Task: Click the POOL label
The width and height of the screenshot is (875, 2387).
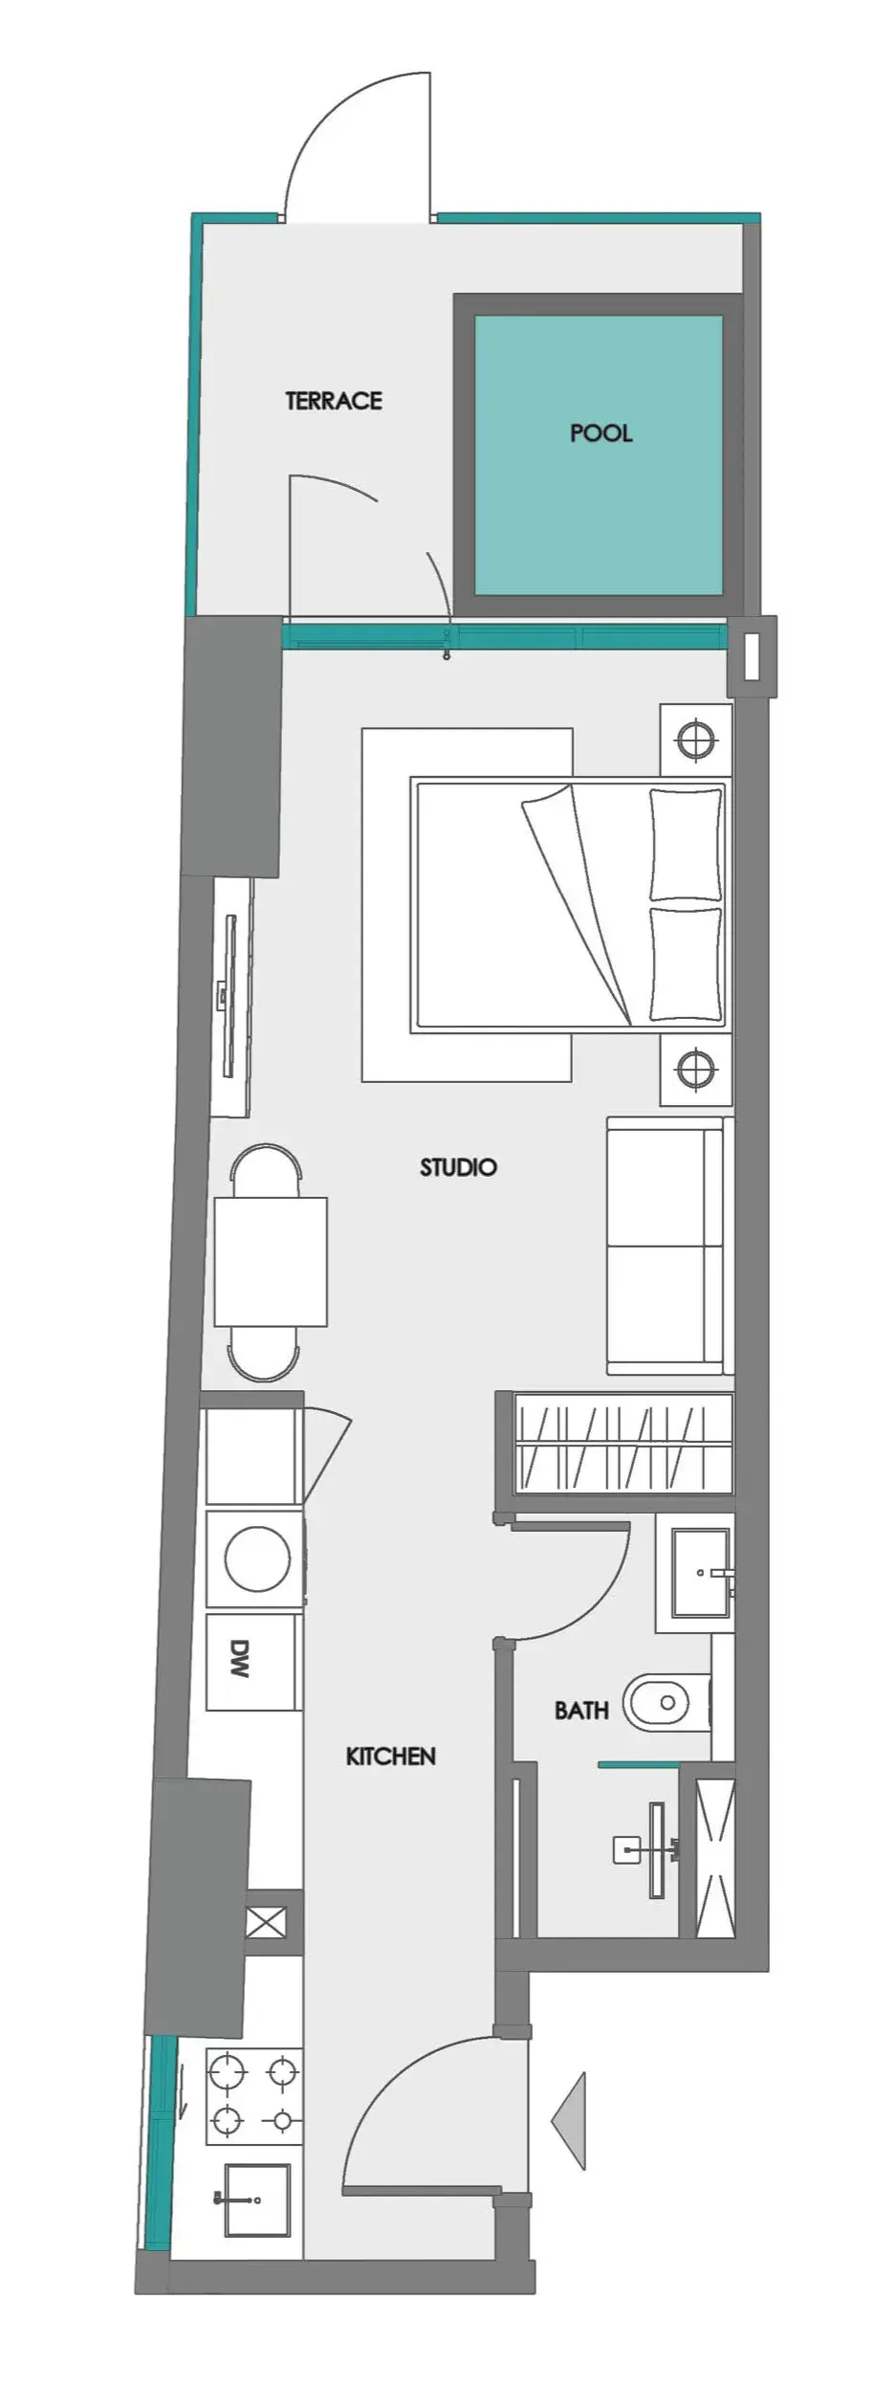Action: coord(601,433)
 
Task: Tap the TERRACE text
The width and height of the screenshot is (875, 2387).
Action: coord(334,401)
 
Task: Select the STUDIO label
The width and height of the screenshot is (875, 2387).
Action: coord(458,1167)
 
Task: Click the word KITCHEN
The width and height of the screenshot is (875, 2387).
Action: coord(390,1757)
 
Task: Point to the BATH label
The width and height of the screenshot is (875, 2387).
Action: coord(581,1710)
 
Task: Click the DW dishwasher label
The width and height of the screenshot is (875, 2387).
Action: coord(240,1661)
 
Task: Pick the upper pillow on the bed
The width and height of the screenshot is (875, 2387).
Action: coord(685,843)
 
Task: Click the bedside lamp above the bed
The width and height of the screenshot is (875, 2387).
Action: coord(696,740)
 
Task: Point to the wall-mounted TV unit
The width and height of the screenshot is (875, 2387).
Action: coord(230,996)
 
